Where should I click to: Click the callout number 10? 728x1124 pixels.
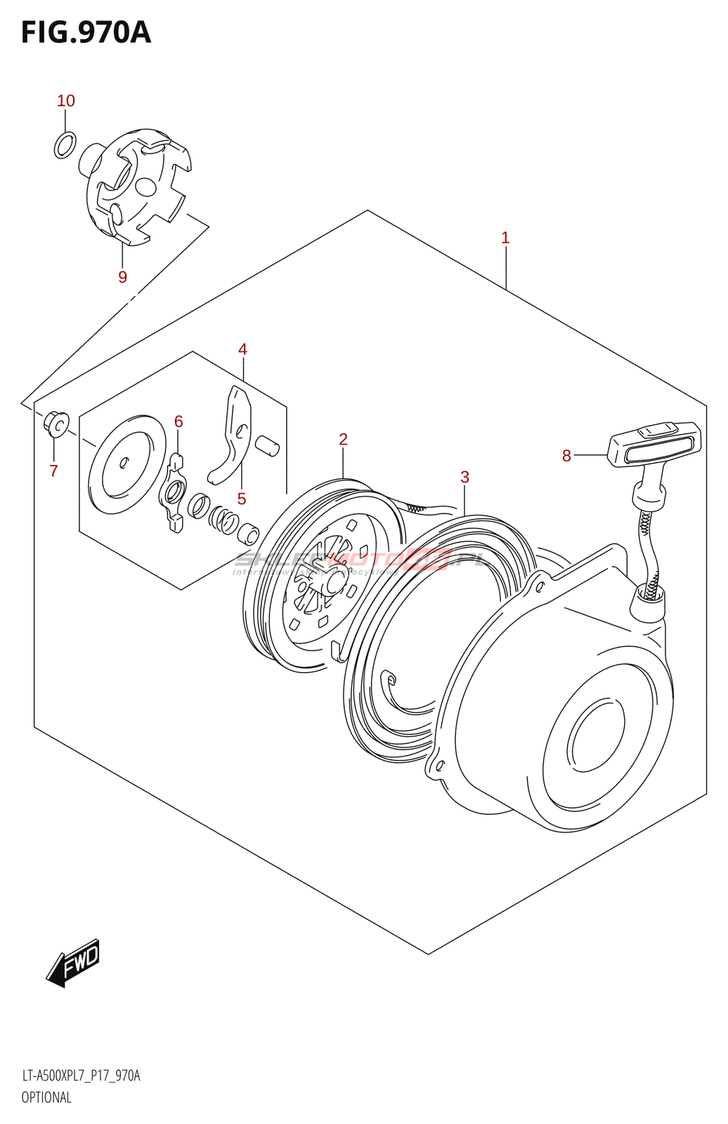(x=66, y=101)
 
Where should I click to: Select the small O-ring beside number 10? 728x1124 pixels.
(x=65, y=145)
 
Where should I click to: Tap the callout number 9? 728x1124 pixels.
(x=123, y=277)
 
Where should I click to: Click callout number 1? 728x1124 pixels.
(x=505, y=238)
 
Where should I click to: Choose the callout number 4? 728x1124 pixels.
(x=242, y=349)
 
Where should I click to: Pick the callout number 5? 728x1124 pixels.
(x=241, y=499)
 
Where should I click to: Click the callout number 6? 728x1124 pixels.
(x=178, y=421)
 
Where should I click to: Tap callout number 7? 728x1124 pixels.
(x=54, y=471)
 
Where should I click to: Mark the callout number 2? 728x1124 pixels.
(x=343, y=440)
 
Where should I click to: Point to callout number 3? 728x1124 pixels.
(x=464, y=477)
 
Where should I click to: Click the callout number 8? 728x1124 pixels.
(x=566, y=456)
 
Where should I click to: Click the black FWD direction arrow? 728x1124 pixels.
(x=74, y=962)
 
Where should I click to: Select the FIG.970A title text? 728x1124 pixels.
(x=86, y=32)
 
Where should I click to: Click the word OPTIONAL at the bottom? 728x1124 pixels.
(x=46, y=1097)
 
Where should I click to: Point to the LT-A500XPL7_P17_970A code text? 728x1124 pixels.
(x=81, y=1076)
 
